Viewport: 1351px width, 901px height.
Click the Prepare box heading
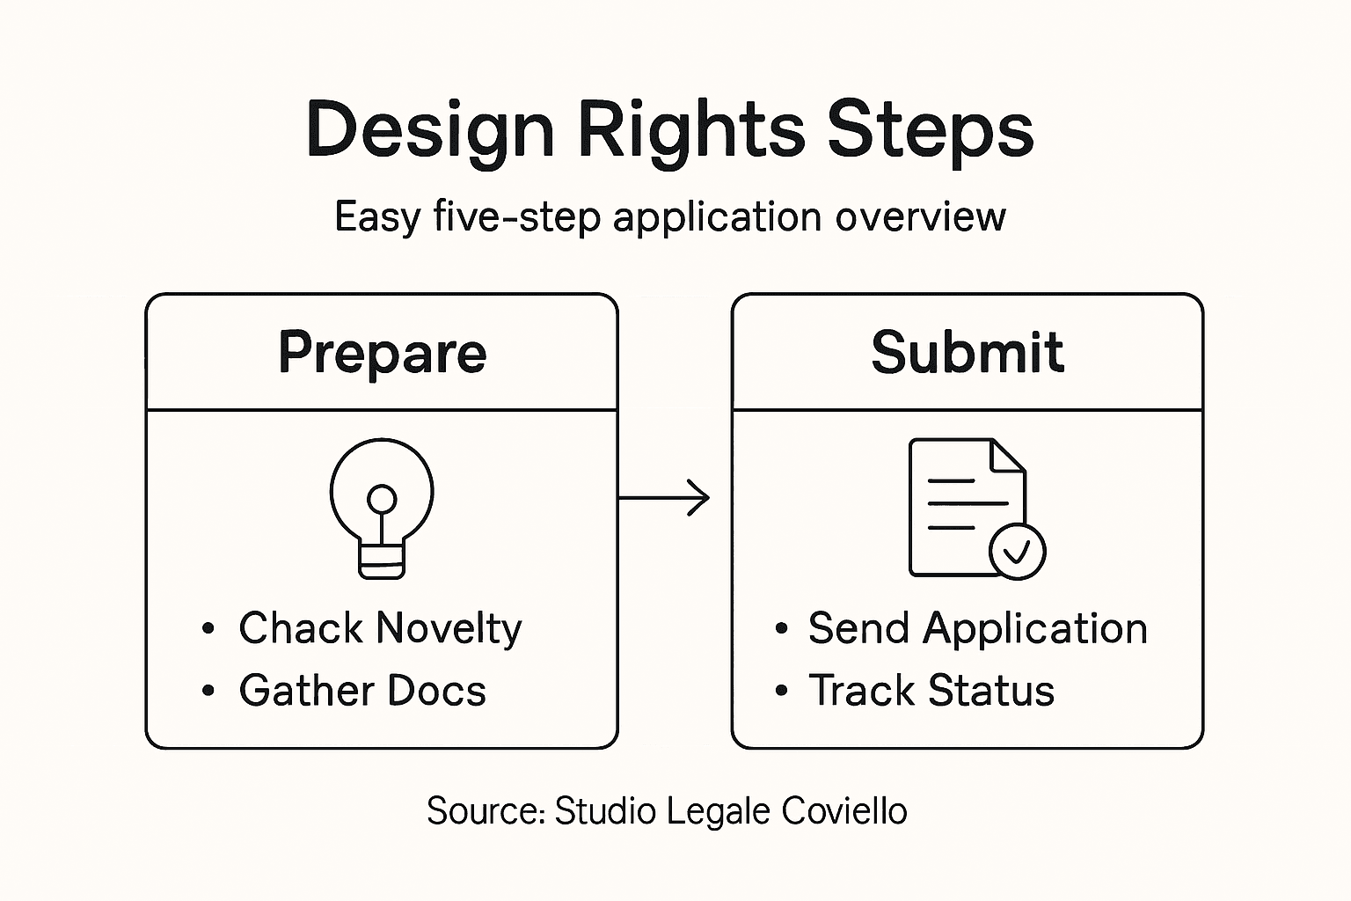[382, 353]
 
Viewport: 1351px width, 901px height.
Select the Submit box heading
[968, 353]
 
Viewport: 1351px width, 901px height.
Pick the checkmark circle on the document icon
[1017, 552]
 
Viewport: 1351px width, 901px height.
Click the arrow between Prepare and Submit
[664, 498]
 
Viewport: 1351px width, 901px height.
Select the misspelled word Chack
[300, 628]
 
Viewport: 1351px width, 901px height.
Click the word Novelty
[449, 628]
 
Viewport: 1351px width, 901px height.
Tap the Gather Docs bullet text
[362, 691]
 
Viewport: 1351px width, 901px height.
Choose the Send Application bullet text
[977, 628]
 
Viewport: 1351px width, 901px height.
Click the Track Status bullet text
[931, 691]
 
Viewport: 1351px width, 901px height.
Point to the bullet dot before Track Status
[781, 691]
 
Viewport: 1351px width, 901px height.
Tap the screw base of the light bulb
[382, 560]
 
